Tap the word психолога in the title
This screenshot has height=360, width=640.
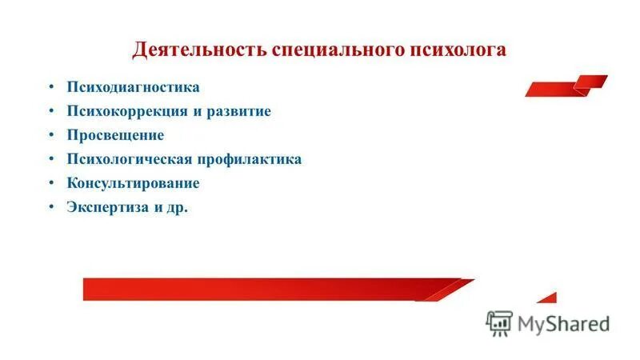coord(458,50)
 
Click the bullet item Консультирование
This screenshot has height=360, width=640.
coord(133,183)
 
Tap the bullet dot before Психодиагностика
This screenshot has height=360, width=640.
coord(50,86)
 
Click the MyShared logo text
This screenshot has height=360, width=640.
coord(563,323)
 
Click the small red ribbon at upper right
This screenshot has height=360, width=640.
coord(566,85)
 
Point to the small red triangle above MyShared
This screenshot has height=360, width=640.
coord(548,298)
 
